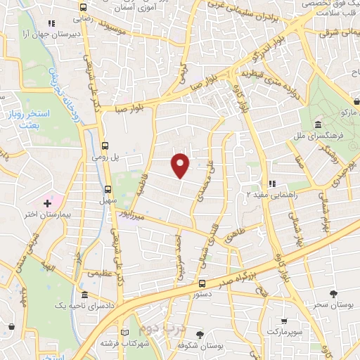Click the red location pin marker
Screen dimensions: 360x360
pyautogui.click(x=181, y=165)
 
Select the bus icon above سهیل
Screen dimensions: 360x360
pyautogui.click(x=108, y=188)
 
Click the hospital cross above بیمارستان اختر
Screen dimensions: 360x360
pyautogui.click(x=47, y=203)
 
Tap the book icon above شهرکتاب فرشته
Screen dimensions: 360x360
pyautogui.click(x=125, y=333)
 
